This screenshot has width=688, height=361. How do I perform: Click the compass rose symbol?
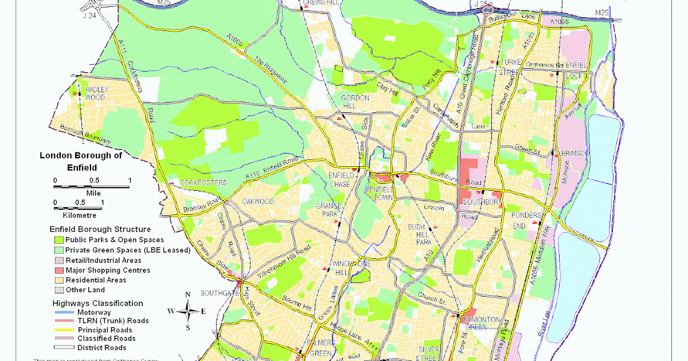[x=187, y=311]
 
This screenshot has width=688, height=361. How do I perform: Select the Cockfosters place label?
[x=200, y=183]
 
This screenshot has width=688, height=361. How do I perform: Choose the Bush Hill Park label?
[x=419, y=235]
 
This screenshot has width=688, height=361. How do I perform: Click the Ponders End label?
[x=526, y=220]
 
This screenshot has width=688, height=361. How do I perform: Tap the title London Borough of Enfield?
[x=81, y=162]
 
